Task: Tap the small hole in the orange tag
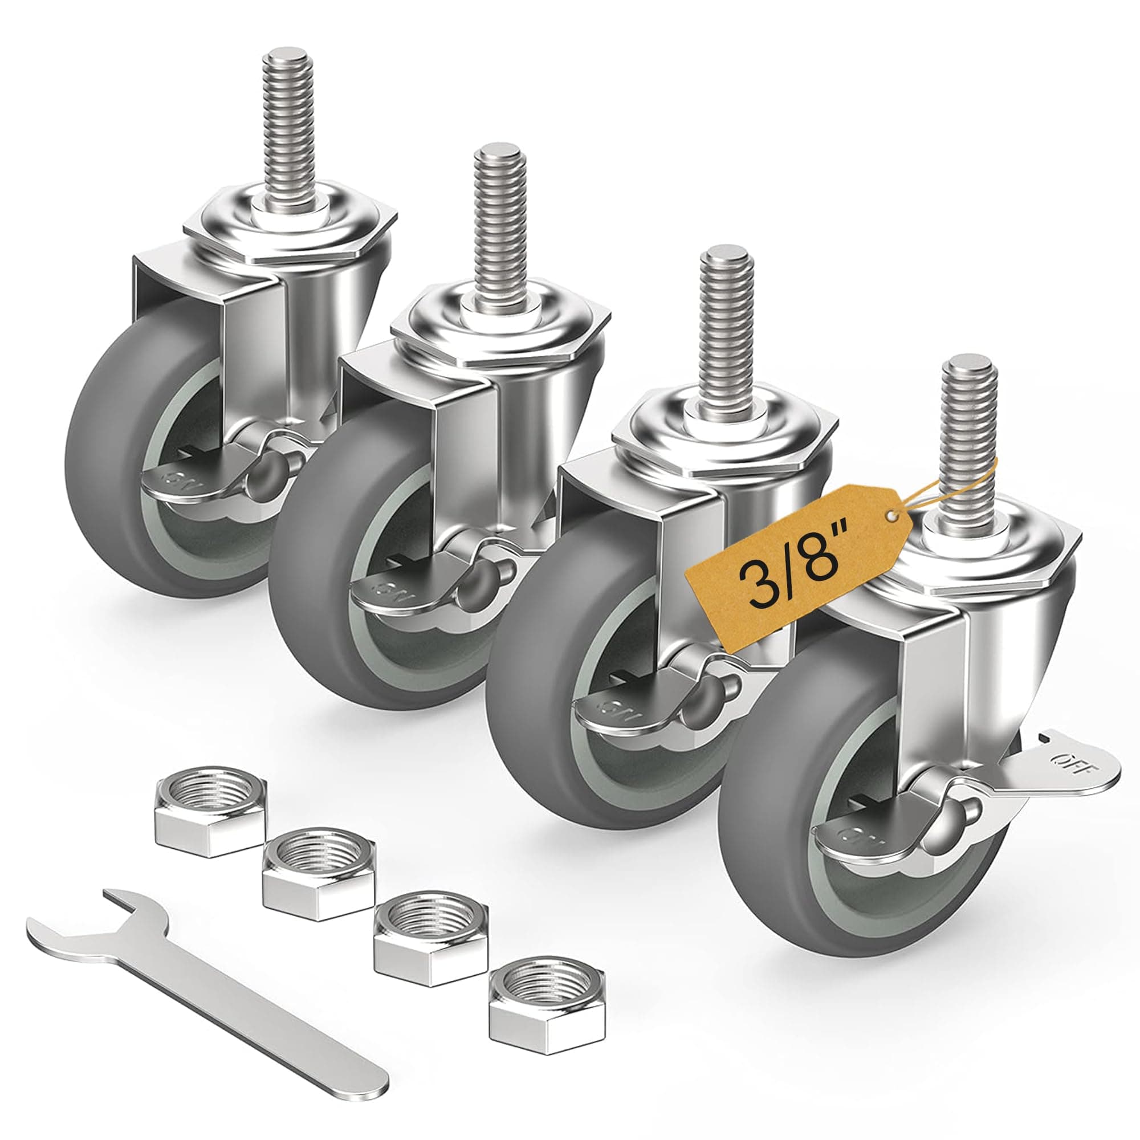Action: click(893, 518)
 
